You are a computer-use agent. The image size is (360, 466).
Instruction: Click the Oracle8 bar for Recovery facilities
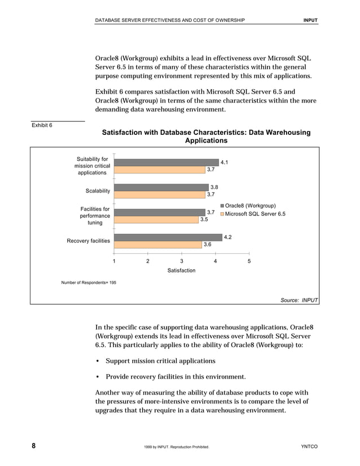[x=168, y=238]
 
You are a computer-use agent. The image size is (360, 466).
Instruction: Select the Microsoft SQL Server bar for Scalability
[x=159, y=195]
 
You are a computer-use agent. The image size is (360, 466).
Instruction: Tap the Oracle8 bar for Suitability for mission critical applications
[x=166, y=162]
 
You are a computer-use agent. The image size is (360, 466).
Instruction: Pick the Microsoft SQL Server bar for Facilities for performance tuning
[x=156, y=219]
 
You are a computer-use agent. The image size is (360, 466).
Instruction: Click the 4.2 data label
[x=228, y=238]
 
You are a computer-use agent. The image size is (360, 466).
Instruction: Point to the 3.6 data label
[x=207, y=245]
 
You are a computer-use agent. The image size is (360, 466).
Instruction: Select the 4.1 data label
[x=224, y=162]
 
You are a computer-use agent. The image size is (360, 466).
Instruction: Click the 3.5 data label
[x=204, y=219]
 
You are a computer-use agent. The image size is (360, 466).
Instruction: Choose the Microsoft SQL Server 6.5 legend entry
[x=255, y=214]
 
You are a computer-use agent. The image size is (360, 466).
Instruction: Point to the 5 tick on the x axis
[x=249, y=261]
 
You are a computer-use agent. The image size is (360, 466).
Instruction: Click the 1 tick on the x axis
[x=114, y=261]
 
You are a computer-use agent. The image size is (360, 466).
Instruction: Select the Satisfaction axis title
[x=181, y=271]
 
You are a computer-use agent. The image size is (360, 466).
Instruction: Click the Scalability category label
[x=98, y=191]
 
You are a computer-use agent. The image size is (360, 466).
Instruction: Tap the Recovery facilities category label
[x=88, y=241]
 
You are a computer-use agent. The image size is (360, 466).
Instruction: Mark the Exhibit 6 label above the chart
[x=42, y=125]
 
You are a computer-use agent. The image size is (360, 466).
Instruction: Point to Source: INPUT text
[x=299, y=300]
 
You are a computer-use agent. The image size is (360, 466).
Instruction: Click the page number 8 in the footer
[x=33, y=446]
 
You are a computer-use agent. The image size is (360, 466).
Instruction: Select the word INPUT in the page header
[x=310, y=20]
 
